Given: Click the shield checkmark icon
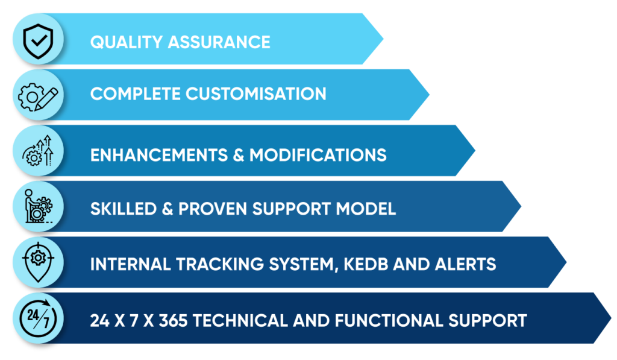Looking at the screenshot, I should (x=34, y=39).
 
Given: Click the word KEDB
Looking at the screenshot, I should (x=371, y=264).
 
